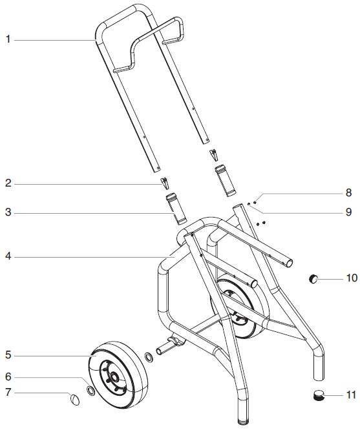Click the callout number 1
[x=8, y=39]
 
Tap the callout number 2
[x=8, y=184]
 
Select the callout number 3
[x=8, y=212]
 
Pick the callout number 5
[x=8, y=355]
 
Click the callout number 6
[x=8, y=376]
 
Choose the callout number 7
[x=8, y=392]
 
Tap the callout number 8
[x=349, y=192]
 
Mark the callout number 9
[x=349, y=211]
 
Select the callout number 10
[x=351, y=278]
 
